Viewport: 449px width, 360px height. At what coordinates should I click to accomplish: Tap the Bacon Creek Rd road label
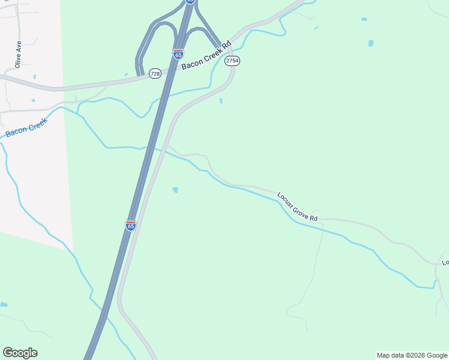pyautogui.click(x=206, y=56)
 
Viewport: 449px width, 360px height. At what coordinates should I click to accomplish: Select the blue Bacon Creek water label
pyautogui.click(x=26, y=125)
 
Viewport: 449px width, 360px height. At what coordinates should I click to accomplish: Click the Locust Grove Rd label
pyautogui.click(x=297, y=206)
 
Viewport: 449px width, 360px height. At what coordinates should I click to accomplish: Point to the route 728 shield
pyautogui.click(x=155, y=73)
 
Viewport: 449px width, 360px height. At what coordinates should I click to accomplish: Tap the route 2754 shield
pyautogui.click(x=232, y=61)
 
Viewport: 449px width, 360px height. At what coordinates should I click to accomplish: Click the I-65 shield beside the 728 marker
pyautogui.click(x=178, y=54)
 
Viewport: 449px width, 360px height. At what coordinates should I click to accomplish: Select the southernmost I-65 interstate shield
pyautogui.click(x=131, y=225)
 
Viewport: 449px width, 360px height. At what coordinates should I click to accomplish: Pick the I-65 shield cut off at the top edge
pyautogui.click(x=190, y=2)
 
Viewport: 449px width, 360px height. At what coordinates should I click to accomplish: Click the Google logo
pyautogui.click(x=20, y=352)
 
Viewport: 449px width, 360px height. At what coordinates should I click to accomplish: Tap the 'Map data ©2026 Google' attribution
pyautogui.click(x=412, y=355)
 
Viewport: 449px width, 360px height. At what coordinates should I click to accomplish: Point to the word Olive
pyautogui.click(x=18, y=61)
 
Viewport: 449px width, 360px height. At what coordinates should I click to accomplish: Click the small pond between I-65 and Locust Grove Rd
pyautogui.click(x=175, y=190)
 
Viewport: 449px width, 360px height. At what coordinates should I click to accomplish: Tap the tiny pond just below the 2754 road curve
pyautogui.click(x=221, y=100)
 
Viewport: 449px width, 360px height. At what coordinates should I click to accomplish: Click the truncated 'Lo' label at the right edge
pyautogui.click(x=445, y=263)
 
